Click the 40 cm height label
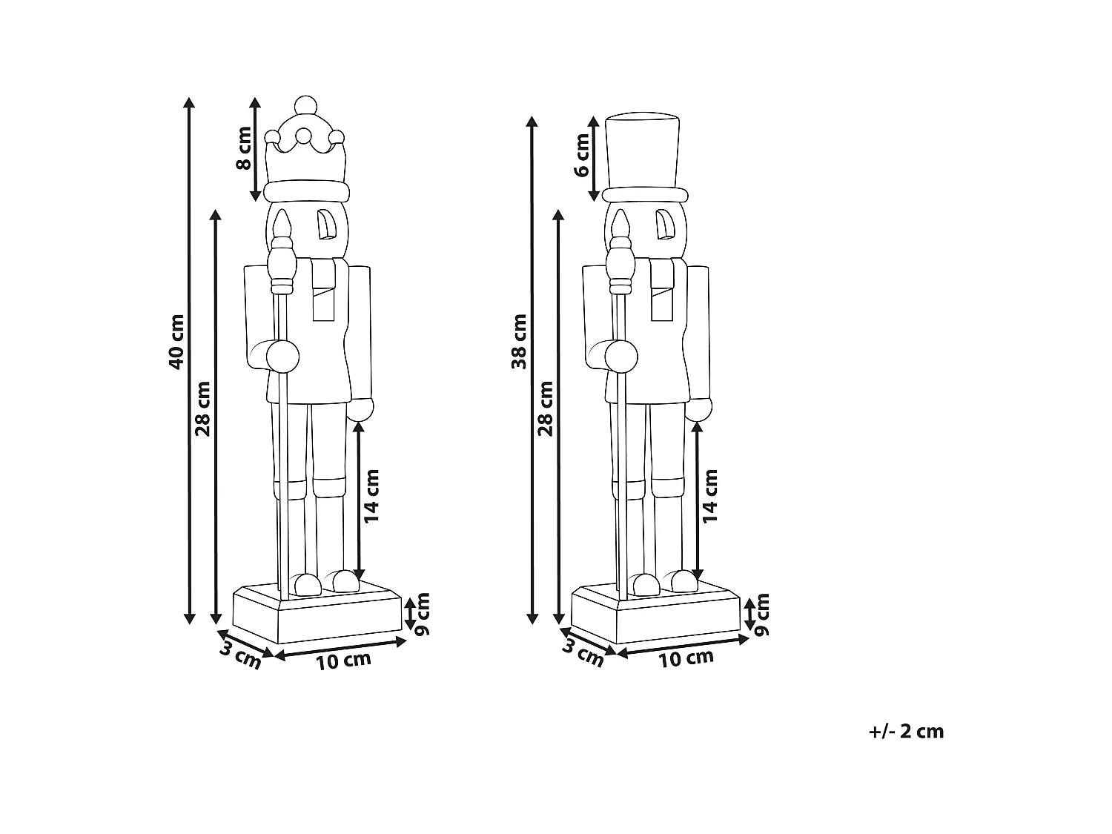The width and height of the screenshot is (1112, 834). pyautogui.click(x=176, y=342)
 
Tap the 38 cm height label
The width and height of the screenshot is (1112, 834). pyautogui.click(x=519, y=341)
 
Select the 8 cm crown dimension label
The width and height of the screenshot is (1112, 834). pyautogui.click(x=244, y=148)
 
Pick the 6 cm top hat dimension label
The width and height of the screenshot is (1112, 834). pyautogui.click(x=582, y=155)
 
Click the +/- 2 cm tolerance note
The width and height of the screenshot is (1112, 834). pyautogui.click(x=907, y=732)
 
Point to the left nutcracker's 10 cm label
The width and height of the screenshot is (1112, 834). pyautogui.click(x=343, y=661)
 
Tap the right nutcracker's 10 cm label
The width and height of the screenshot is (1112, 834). pyautogui.click(x=686, y=658)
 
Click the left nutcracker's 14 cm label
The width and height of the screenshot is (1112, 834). pyautogui.click(x=371, y=496)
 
